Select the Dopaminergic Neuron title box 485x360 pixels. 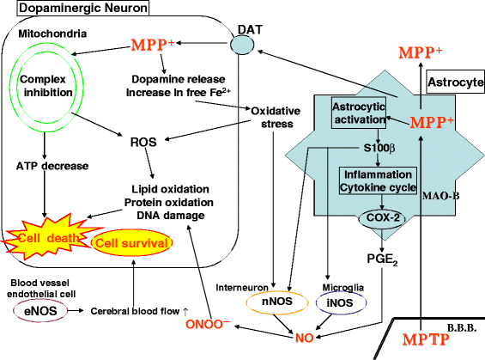tap(75, 9)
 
